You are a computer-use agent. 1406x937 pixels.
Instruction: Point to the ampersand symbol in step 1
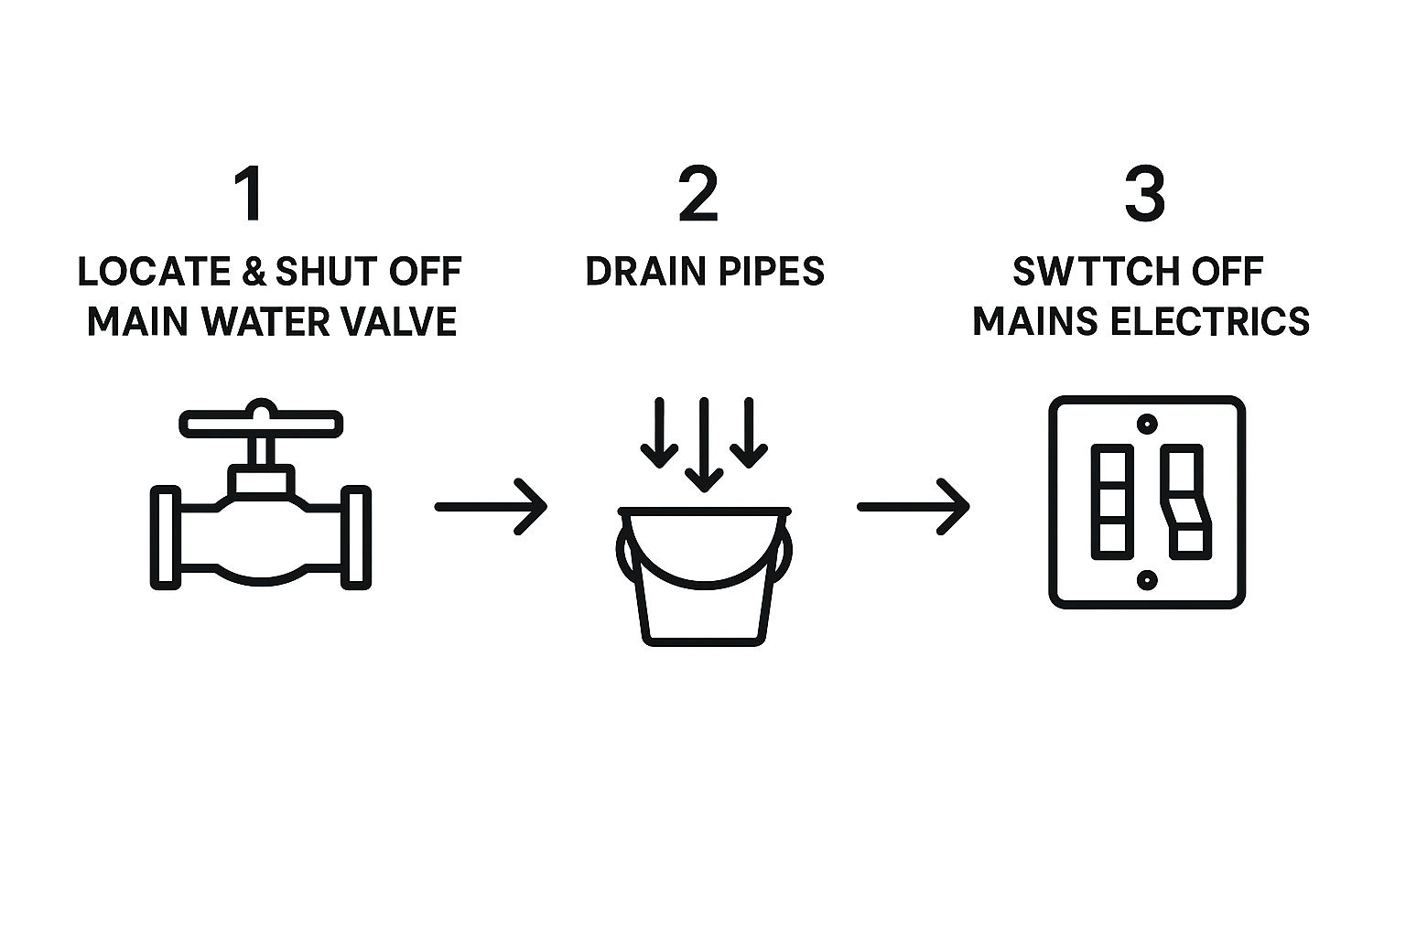(x=254, y=272)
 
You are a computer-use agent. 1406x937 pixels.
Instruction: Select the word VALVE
(x=402, y=322)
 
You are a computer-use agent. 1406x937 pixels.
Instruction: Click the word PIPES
(x=773, y=272)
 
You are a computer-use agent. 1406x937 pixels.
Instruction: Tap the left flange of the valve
(x=166, y=537)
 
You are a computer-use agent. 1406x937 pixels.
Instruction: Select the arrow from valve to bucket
(x=491, y=506)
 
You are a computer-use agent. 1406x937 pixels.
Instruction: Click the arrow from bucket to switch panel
(x=914, y=506)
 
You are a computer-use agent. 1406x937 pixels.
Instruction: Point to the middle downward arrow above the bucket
(x=704, y=445)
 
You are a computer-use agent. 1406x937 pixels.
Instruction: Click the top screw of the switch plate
(x=1147, y=425)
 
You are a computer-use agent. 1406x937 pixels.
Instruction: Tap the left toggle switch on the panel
(x=1112, y=502)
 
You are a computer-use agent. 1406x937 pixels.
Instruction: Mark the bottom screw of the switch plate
(x=1147, y=580)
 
